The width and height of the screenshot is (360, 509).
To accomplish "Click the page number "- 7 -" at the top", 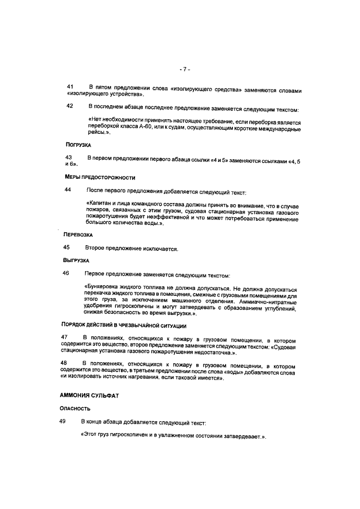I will tap(185, 69).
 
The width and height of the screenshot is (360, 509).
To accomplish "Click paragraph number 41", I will tap(70, 87).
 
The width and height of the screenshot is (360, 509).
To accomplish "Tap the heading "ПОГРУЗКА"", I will tap(79, 145).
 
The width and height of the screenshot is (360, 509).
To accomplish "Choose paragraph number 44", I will tap(68, 191).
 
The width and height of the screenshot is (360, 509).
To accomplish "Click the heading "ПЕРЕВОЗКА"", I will tap(78, 233).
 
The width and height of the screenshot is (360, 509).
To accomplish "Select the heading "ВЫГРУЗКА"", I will tap(76, 261).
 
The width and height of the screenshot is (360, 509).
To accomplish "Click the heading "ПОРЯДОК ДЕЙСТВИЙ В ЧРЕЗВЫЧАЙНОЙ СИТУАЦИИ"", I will tap(124, 326).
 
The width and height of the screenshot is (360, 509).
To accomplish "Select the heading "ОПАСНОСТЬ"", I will tap(75, 409).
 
